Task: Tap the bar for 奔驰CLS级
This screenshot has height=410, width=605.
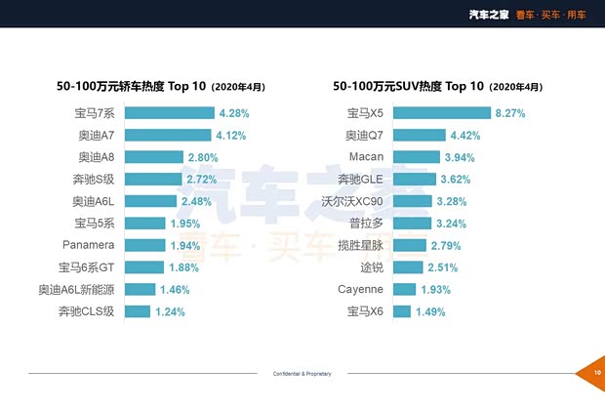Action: (137, 311)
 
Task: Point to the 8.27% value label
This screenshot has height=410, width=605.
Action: (510, 113)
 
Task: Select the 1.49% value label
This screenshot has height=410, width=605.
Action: (429, 311)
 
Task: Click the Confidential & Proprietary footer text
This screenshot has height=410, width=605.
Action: (302, 373)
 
